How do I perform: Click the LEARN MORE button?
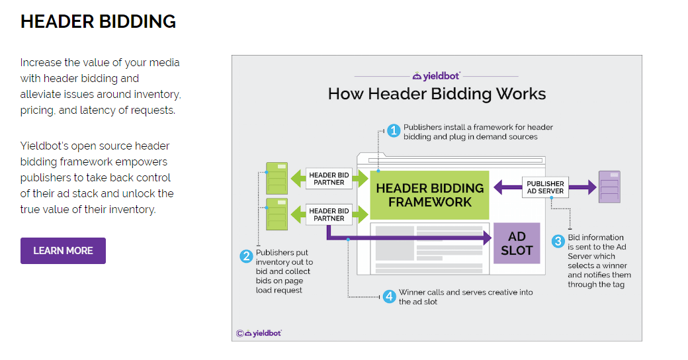(x=63, y=251)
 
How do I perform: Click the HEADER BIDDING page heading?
(x=98, y=22)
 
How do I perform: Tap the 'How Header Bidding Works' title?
(x=437, y=93)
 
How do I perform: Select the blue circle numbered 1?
(x=394, y=131)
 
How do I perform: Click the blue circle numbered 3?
(x=558, y=242)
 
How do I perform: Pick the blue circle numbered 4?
(x=389, y=296)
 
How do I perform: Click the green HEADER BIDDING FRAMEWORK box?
(x=429, y=195)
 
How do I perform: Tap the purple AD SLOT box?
(x=517, y=244)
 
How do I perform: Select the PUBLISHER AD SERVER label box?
(x=546, y=187)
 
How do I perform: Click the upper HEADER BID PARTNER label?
(x=329, y=178)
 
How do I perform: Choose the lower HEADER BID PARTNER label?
(x=329, y=214)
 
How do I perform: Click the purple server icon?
(x=609, y=187)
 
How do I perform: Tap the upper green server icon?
(x=277, y=178)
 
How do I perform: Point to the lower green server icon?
(x=277, y=214)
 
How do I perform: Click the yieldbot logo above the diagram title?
(x=436, y=76)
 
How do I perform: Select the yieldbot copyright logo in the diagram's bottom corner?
(x=259, y=333)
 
